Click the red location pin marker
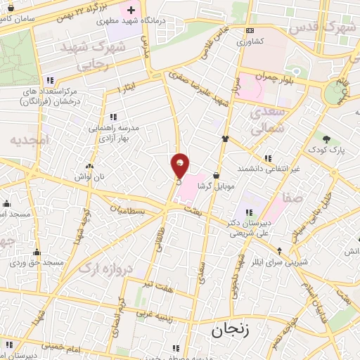click(x=180, y=166)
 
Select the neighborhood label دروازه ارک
click(x=105, y=262)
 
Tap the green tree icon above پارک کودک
click(x=327, y=138)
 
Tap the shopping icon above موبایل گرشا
click(x=215, y=174)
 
